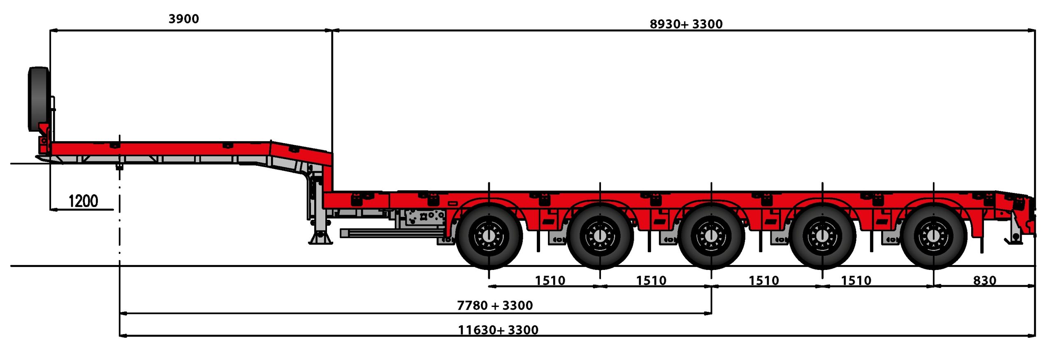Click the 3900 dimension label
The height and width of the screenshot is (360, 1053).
tap(183, 19)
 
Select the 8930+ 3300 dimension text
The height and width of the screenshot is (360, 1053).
tap(686, 24)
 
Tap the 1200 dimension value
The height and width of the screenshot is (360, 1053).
tap(83, 201)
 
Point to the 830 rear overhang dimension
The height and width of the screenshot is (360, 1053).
tap(984, 281)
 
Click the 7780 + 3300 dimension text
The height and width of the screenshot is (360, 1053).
tap(495, 305)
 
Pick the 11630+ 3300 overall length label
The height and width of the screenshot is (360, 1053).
tap(498, 330)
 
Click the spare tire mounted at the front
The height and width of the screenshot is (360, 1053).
tap(38, 99)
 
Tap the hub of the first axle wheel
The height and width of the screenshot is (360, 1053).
tap(489, 236)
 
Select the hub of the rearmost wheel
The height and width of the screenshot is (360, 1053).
tap(933, 236)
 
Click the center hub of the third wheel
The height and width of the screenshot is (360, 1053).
tap(711, 236)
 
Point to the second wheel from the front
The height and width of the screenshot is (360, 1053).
tap(600, 236)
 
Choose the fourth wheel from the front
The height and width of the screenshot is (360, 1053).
tap(822, 236)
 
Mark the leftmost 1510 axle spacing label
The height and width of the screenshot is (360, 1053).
tap(550, 281)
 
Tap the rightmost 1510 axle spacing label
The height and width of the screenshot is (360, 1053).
tap(856, 281)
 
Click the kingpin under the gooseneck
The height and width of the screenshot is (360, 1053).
tap(119, 167)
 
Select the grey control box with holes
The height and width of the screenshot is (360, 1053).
tap(424, 216)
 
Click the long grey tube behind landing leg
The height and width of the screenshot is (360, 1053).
tap(391, 233)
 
